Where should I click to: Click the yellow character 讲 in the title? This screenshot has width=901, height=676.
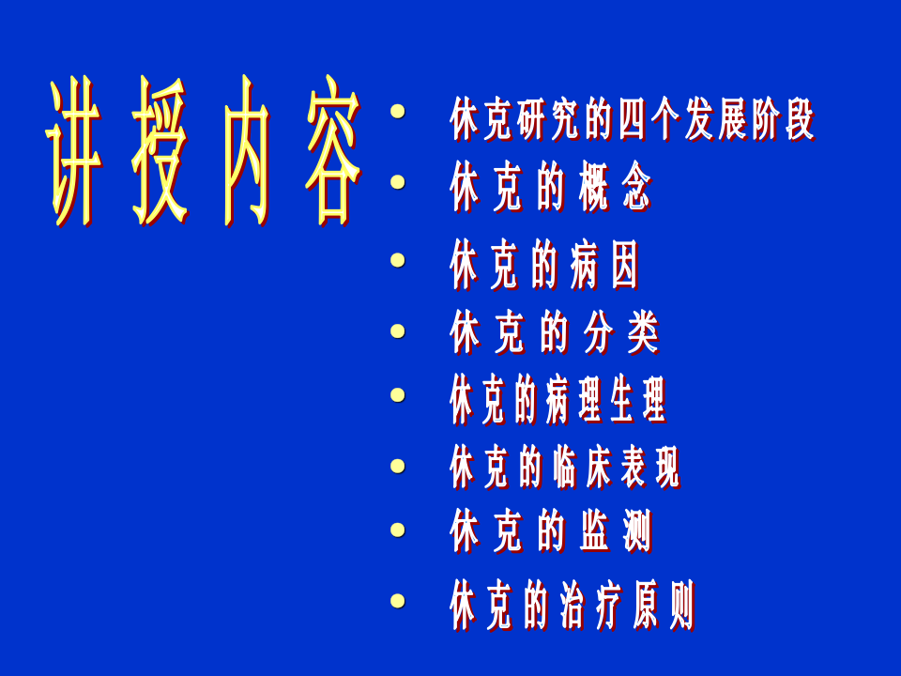(x=74, y=152)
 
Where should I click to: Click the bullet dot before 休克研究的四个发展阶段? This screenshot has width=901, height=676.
(x=398, y=113)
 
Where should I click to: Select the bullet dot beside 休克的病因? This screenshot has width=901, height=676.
(x=398, y=259)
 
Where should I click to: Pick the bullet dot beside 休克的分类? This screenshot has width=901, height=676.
(x=398, y=330)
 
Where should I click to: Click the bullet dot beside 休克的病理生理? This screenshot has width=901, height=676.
(x=398, y=394)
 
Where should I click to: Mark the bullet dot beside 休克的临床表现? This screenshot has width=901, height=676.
(x=398, y=464)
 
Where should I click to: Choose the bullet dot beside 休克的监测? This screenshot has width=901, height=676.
(x=398, y=530)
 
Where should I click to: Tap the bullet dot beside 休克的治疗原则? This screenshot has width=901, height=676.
(x=398, y=600)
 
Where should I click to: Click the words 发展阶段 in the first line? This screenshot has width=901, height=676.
(x=749, y=119)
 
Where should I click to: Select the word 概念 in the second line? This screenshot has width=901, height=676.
(x=609, y=191)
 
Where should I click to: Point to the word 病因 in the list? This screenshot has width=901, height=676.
(x=603, y=266)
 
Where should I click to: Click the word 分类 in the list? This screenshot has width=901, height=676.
(x=621, y=333)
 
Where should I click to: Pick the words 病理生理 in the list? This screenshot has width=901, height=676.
(x=605, y=401)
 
